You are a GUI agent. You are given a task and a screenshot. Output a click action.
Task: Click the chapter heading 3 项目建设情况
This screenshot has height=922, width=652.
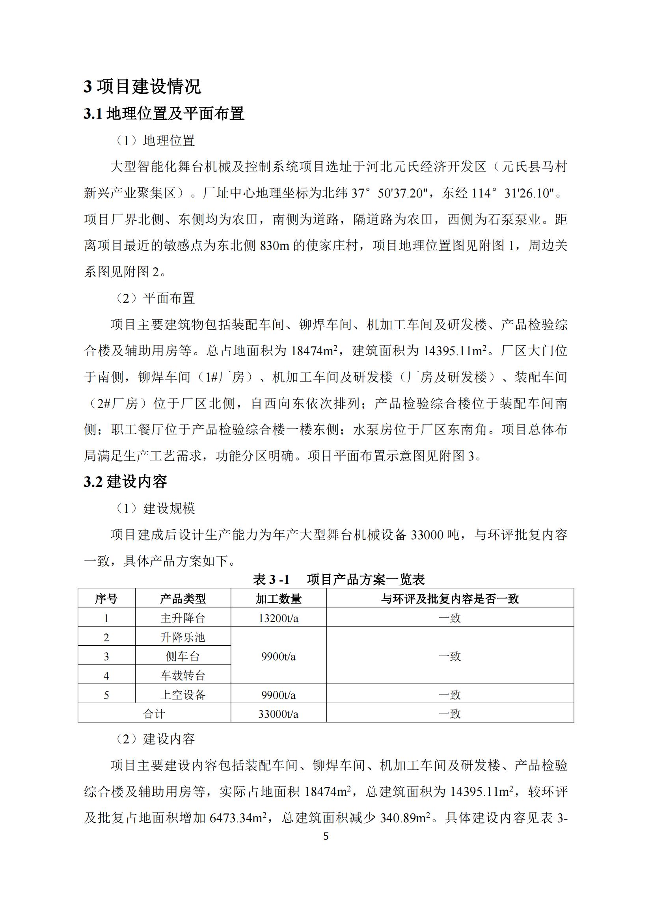[142, 86]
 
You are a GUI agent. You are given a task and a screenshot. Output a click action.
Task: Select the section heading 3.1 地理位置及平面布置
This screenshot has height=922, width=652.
[164, 114]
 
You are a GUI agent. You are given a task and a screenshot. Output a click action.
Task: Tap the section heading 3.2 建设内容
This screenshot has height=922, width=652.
[125, 482]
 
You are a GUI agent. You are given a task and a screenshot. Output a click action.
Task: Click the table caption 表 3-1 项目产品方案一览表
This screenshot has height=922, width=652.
[339, 579]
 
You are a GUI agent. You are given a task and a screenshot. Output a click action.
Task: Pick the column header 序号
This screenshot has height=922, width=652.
[106, 599]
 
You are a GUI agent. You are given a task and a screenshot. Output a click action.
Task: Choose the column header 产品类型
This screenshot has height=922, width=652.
[183, 599]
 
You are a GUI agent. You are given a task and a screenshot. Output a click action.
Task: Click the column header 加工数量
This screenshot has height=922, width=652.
[278, 599]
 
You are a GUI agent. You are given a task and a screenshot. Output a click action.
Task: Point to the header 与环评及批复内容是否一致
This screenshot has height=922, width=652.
[450, 599]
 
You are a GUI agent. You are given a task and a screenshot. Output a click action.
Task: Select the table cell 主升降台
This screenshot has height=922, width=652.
[183, 618]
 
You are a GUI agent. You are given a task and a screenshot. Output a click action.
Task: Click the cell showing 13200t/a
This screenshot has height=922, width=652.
[278, 618]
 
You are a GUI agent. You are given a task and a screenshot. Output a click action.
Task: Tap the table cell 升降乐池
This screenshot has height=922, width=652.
[183, 637]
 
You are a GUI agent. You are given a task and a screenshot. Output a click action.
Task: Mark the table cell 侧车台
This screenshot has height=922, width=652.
[183, 657]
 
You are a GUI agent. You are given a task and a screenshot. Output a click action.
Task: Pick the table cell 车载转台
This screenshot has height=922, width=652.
[183, 676]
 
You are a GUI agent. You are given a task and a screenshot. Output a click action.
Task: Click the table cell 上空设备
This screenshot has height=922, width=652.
[183, 695]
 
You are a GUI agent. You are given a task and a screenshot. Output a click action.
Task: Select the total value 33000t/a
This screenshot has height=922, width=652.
[278, 714]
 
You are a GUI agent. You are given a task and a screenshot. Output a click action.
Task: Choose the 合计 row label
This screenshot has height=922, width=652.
[154, 714]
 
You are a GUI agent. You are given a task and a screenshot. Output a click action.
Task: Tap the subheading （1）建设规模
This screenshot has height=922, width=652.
[155, 509]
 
